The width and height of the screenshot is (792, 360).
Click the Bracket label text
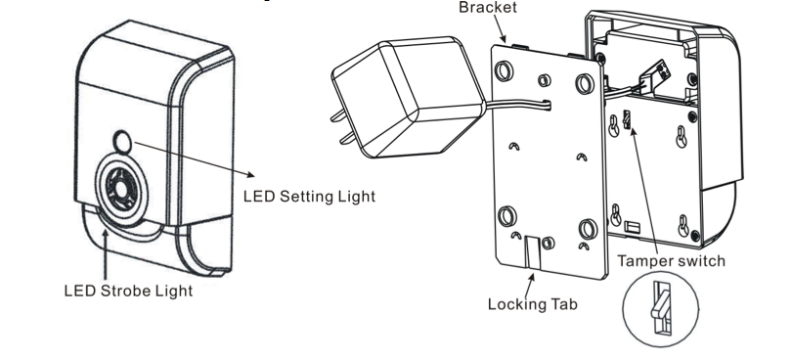pos(488,7)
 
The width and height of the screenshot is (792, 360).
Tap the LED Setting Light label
pos(309,197)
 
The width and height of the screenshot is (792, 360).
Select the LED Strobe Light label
pos(128,291)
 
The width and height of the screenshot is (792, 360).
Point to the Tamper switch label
pos(672,261)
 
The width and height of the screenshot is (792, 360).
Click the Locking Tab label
pos(532,304)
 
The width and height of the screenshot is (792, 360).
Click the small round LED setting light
pos(122,142)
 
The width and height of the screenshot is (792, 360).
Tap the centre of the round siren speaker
pos(121,189)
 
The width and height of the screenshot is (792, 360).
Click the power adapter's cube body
pos(408,96)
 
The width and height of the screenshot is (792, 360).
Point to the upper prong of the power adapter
pos(339,116)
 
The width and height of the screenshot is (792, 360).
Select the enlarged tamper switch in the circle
pos(661,308)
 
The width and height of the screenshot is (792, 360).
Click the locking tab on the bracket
pos(532,251)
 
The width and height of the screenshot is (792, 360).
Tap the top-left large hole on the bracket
pos(504,70)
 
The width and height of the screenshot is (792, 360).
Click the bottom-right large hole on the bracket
pos(588,229)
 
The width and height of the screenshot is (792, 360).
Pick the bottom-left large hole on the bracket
pos(507,216)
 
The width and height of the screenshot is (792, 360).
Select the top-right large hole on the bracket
pos(585,83)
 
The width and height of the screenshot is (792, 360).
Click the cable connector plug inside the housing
pos(654,76)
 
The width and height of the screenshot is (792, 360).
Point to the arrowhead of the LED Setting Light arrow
pos(251,174)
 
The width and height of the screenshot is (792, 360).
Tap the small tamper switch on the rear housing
pos(628,119)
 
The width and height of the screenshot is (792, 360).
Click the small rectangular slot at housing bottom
pos(632,227)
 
